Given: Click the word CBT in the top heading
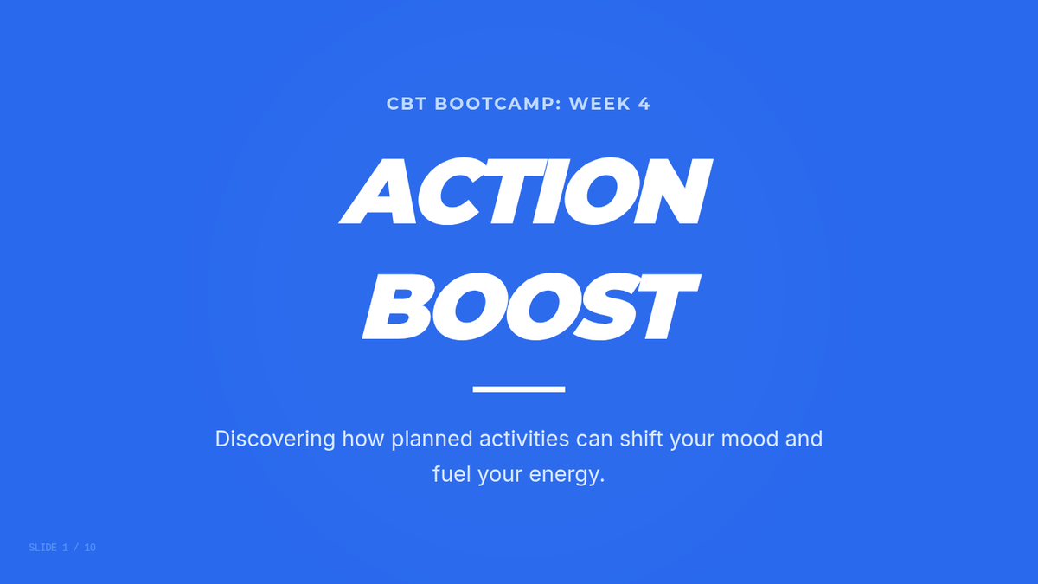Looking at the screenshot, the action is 407,104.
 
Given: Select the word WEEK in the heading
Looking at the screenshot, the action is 599,104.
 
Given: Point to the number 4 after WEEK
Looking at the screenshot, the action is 644,104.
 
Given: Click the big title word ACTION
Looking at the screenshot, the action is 526,191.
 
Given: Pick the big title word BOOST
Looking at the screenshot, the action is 531,306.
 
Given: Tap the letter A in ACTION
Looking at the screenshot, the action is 378,191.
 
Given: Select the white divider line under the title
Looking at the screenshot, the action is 519,389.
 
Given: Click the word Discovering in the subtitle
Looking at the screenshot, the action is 275,440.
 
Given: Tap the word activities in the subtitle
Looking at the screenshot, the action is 524,439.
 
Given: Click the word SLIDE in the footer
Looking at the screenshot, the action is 42,548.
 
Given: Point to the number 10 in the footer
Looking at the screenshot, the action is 90,548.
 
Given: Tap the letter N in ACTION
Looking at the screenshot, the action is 673,191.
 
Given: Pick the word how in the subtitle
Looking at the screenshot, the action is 362,439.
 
